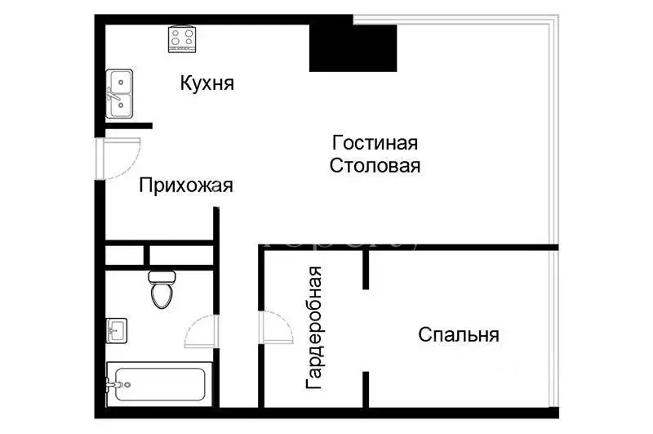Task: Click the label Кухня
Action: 207,83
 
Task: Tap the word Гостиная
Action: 375,143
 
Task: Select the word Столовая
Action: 375,166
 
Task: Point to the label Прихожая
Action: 186,186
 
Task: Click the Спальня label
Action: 459,334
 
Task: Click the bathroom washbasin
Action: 116,332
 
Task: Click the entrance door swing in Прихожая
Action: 118,159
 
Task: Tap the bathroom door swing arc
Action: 202,332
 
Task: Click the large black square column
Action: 352,47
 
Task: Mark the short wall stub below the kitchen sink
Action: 128,125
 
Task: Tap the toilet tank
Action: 162,276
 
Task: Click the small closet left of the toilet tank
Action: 125,254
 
